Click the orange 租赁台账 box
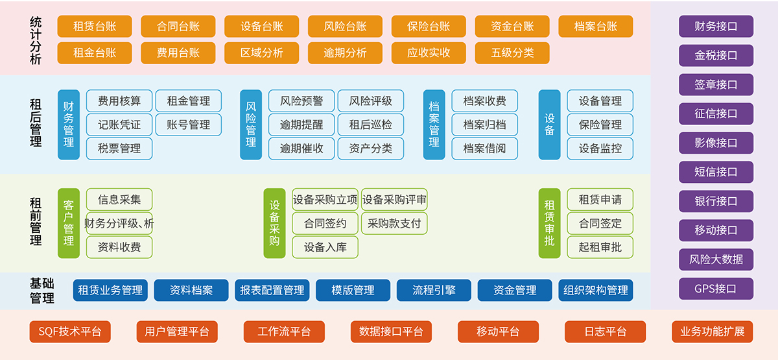(95, 27)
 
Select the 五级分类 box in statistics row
(512, 53)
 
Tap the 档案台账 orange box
(595, 27)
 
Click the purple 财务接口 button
(716, 27)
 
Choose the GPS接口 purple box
(716, 289)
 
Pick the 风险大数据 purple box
(716, 259)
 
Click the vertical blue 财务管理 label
(69, 125)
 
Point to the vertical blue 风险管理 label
(251, 125)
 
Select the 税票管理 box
(119, 149)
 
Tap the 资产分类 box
(371, 149)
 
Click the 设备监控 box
(600, 149)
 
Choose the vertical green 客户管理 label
(69, 223)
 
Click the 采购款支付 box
(394, 224)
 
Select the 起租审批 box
(600, 247)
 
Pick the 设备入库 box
(325, 247)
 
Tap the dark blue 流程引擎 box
(434, 291)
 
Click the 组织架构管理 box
(595, 291)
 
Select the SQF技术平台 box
(70, 331)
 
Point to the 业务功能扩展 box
(712, 331)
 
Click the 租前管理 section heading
(36, 223)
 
